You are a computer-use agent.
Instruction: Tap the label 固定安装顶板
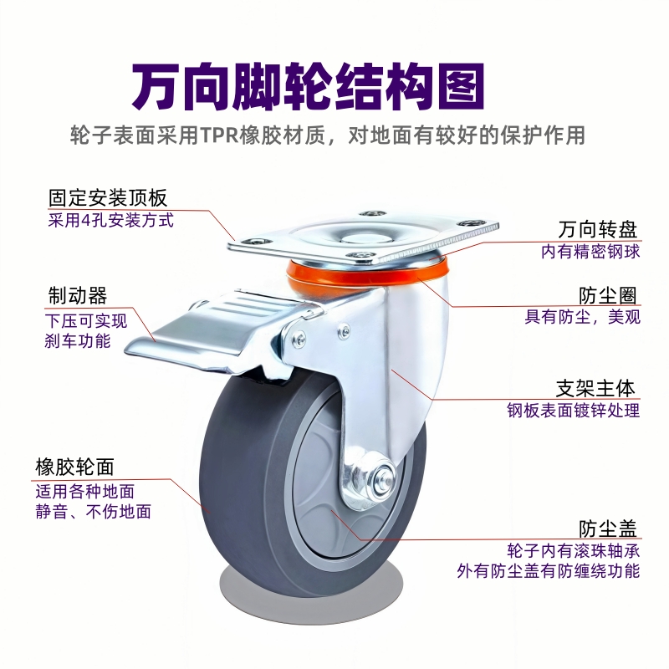[x=108, y=198]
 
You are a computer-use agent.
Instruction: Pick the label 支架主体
[x=596, y=389]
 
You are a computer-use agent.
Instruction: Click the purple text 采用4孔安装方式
[x=110, y=222]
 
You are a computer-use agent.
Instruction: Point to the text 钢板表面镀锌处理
[x=573, y=411]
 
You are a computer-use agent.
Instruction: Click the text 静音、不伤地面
[x=97, y=512]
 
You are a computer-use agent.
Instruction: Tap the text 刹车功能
[x=76, y=340]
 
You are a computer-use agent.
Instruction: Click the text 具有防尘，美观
[x=582, y=317]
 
